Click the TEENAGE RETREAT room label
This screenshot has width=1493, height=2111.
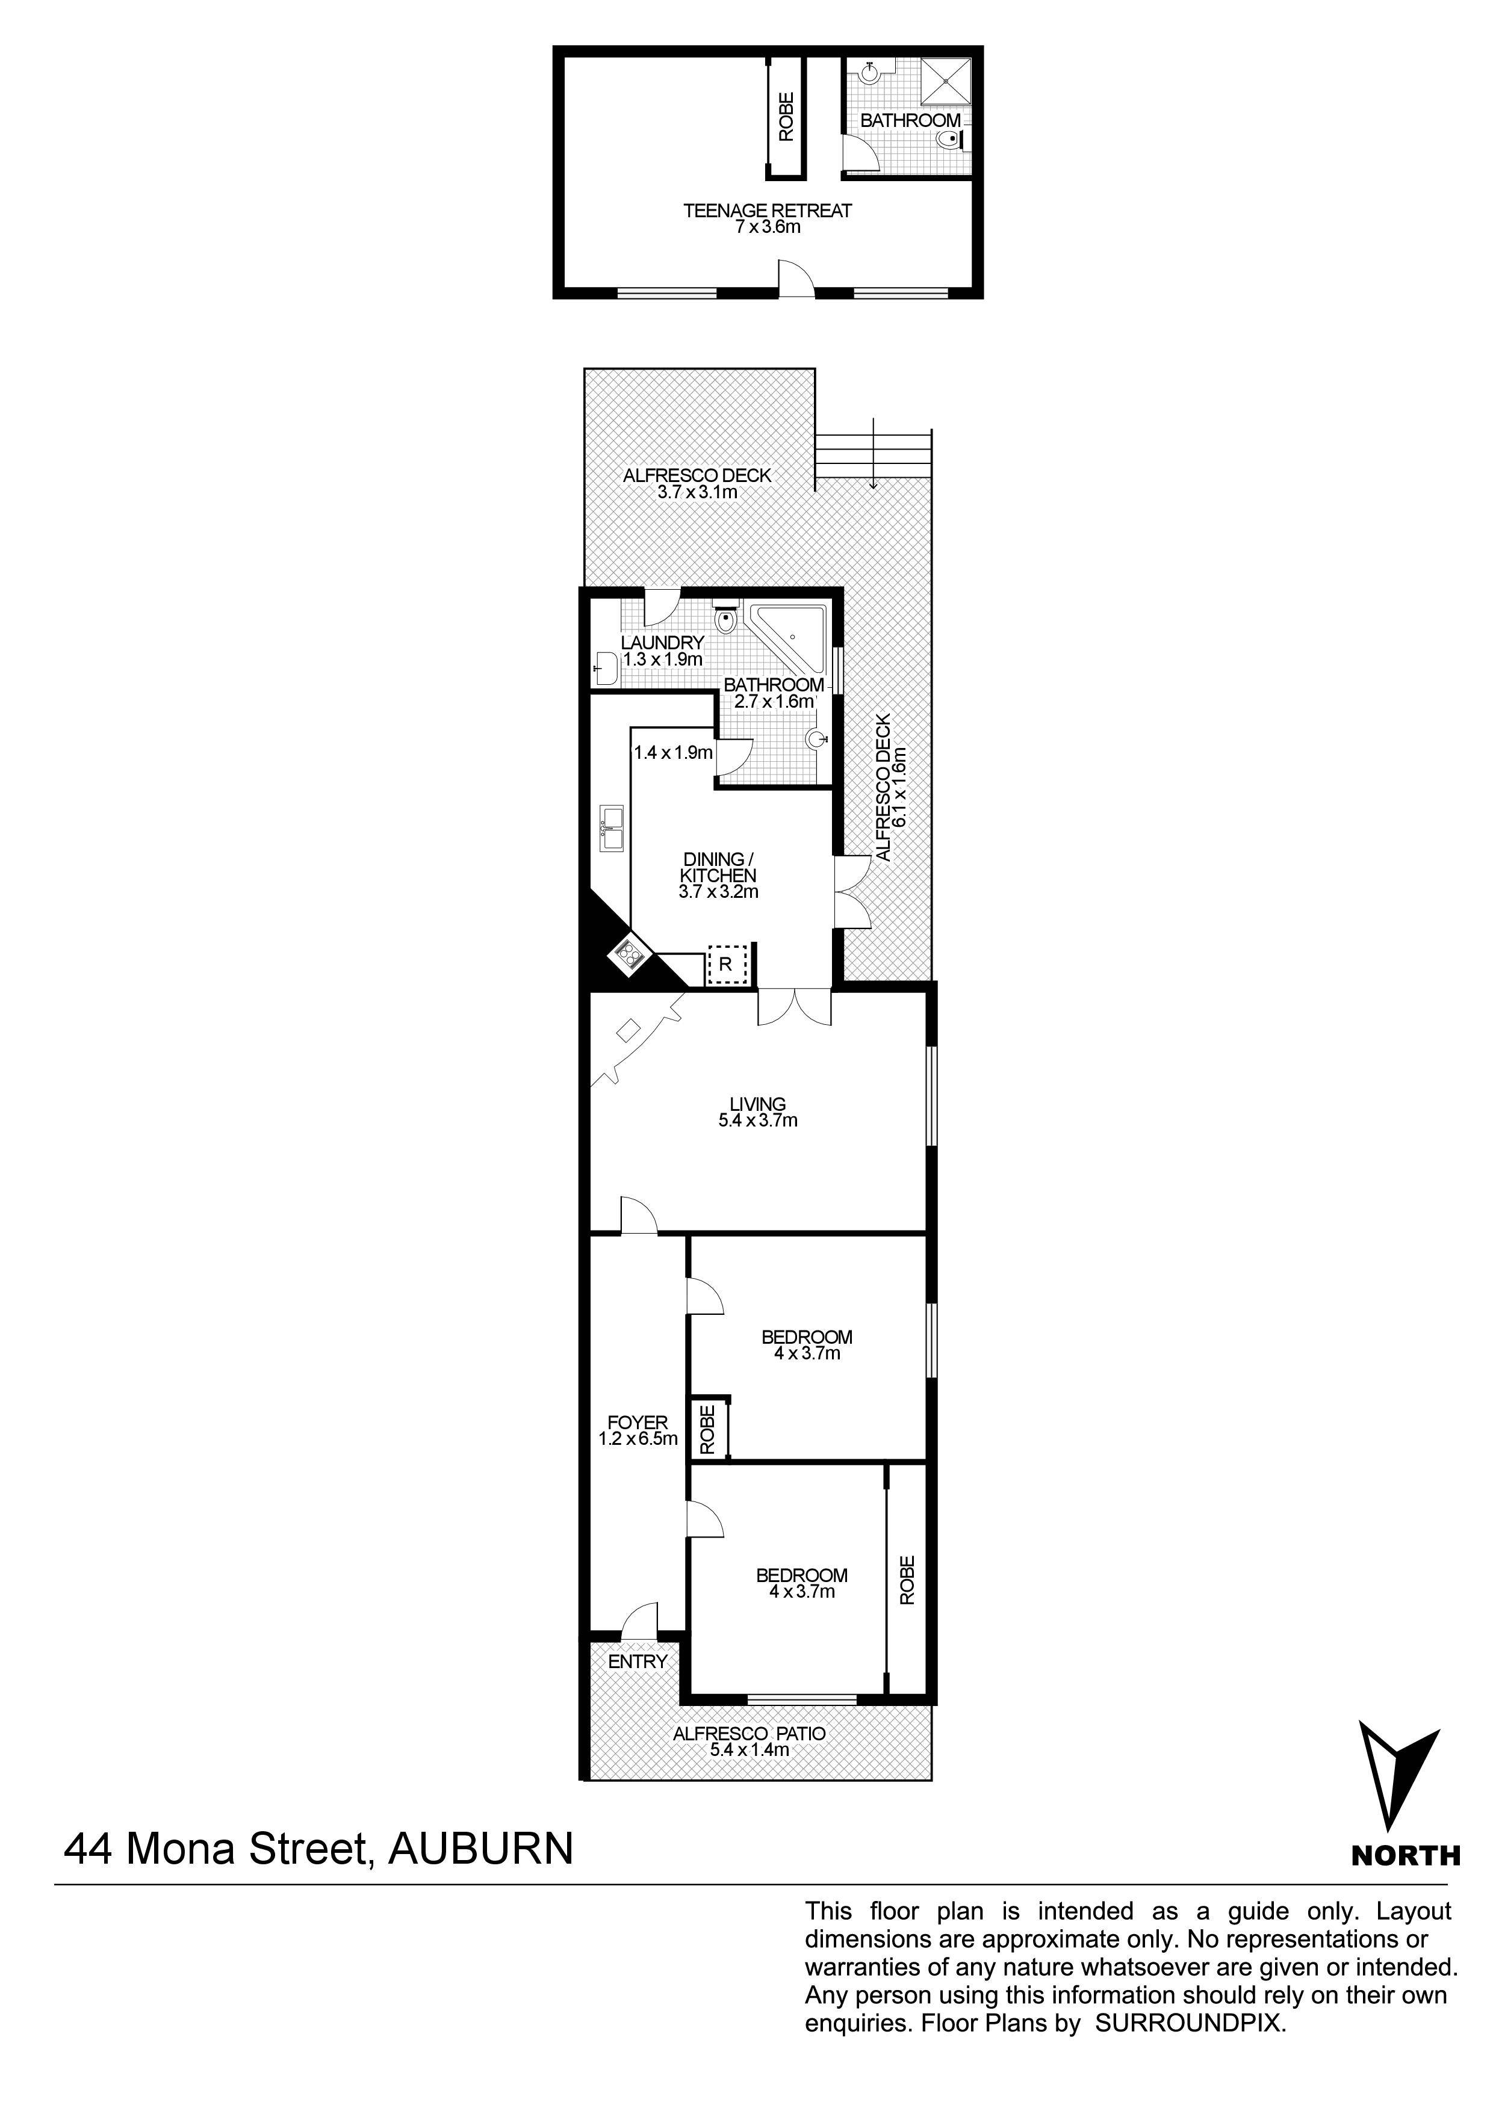(767, 211)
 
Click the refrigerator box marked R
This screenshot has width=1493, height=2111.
(726, 965)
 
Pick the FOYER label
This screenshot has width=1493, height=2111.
(638, 1423)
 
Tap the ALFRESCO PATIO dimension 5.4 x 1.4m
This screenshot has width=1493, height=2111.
(749, 1750)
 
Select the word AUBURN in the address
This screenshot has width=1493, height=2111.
(480, 1850)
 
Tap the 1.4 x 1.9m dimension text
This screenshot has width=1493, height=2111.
(672, 753)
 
